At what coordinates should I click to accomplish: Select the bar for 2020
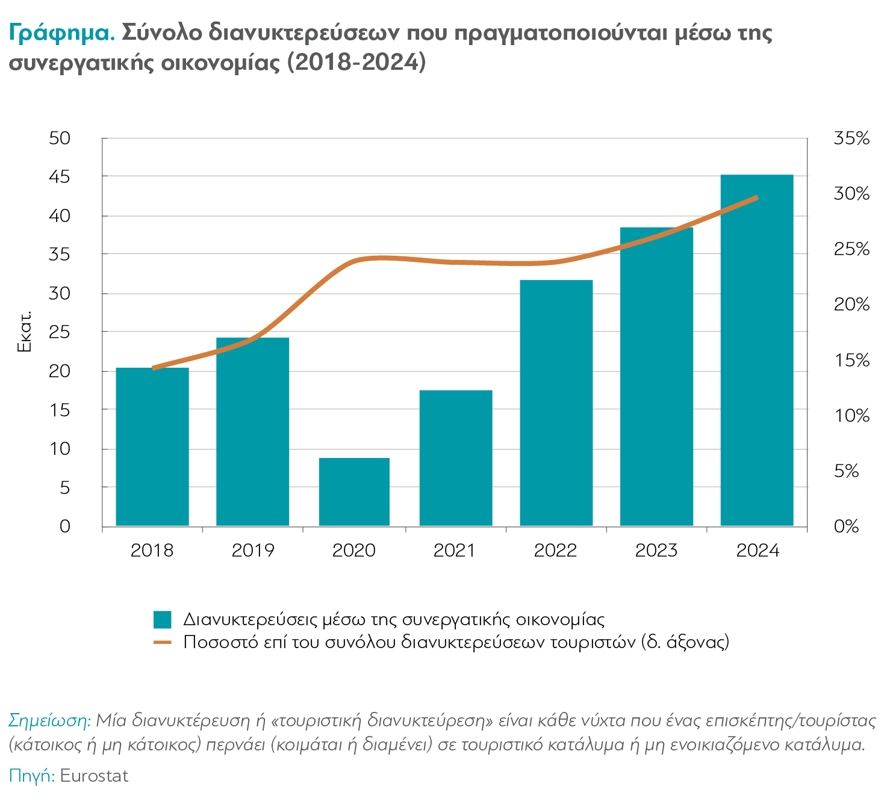[354, 492]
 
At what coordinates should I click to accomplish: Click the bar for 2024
[757, 350]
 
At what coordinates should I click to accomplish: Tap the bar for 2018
[152, 447]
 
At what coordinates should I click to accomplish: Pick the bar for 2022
[556, 403]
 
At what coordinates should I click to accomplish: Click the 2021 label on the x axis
[455, 550]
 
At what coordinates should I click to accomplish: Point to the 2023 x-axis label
[656, 550]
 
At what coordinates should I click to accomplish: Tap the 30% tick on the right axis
[851, 194]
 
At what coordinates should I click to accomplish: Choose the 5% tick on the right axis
[846, 471]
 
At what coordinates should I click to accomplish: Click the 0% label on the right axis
[846, 527]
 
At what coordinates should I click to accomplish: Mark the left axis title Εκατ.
[25, 332]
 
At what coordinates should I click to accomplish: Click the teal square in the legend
[163, 619]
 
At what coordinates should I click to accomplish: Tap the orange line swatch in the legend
[163, 642]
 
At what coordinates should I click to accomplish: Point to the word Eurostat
[94, 776]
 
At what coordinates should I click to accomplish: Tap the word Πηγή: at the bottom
[31, 776]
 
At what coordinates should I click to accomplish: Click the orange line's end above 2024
[756, 197]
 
